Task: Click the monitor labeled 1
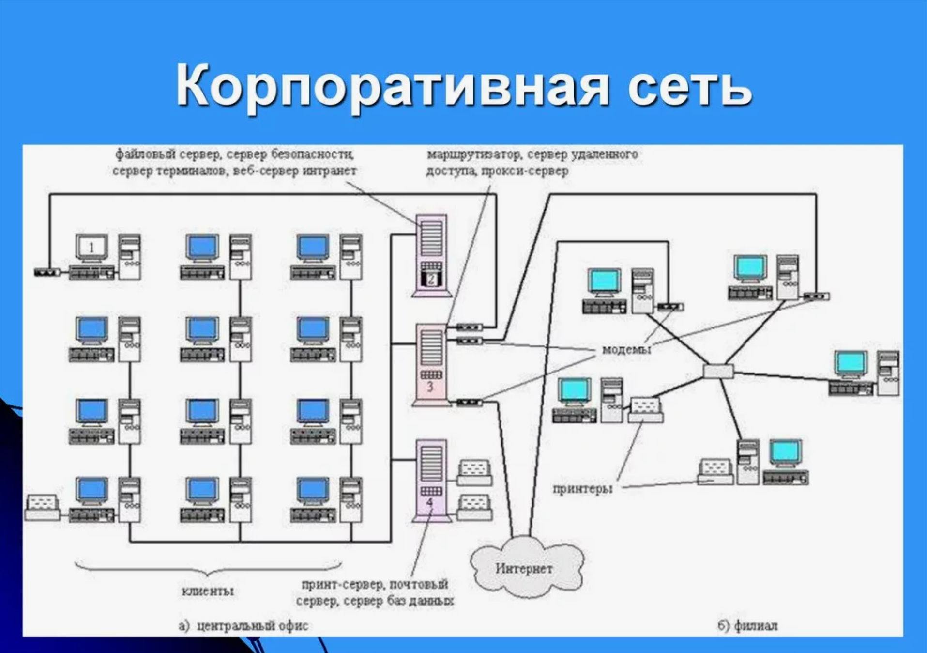(x=91, y=248)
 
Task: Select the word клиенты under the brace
(x=208, y=591)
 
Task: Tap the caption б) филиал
(x=747, y=626)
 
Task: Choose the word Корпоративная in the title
(x=392, y=86)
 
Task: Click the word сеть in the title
(x=689, y=86)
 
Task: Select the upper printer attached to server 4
(x=474, y=473)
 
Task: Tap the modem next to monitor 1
(x=47, y=272)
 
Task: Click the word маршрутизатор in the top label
(x=474, y=155)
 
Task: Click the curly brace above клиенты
(x=208, y=568)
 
